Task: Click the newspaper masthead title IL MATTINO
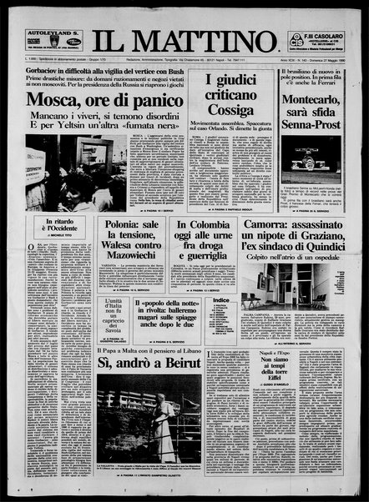pyautogui.click(x=184, y=39)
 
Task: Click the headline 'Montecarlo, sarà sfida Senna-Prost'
pyautogui.click(x=316, y=120)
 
